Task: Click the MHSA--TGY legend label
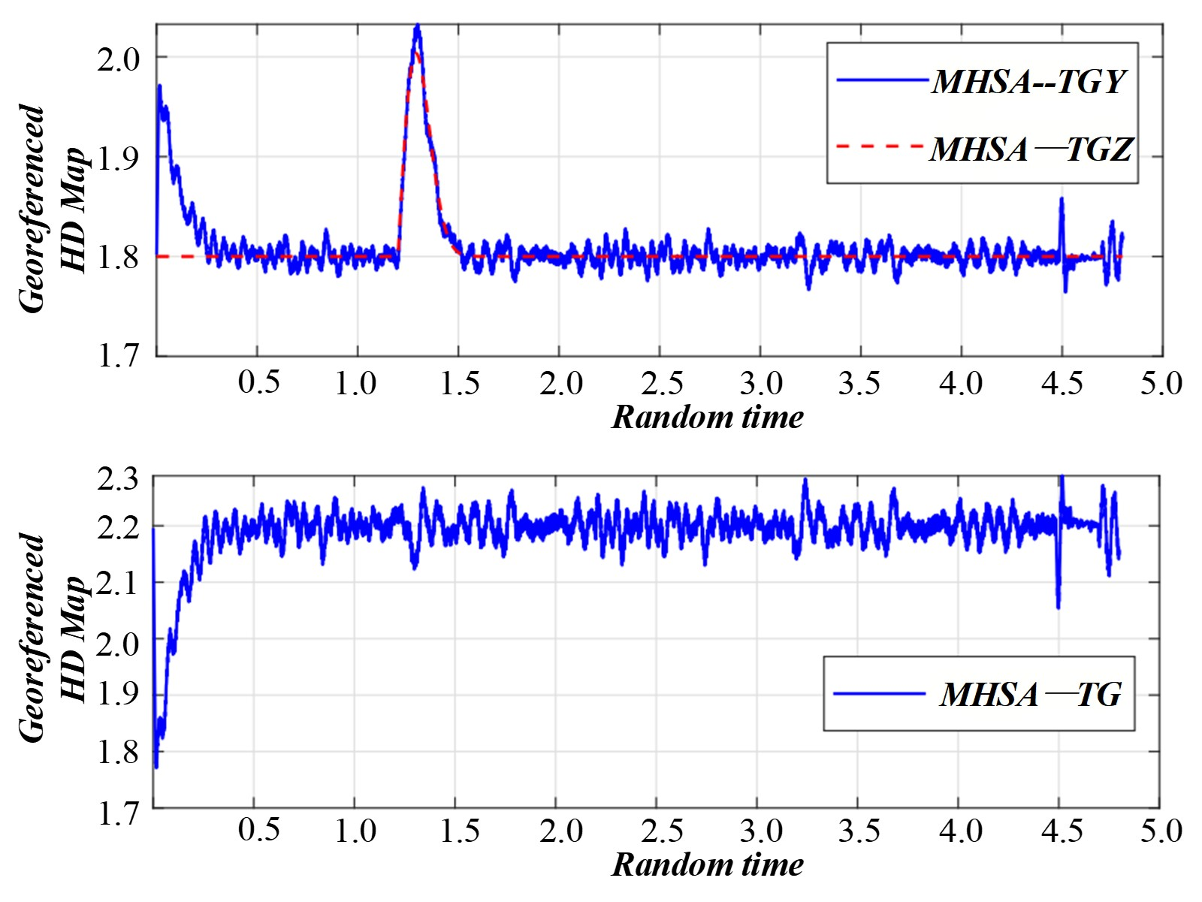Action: coord(1029,81)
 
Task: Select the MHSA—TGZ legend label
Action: coord(1031,149)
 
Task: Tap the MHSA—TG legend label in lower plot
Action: coord(1031,694)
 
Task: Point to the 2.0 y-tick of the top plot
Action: coord(119,59)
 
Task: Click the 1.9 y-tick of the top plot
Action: coord(119,157)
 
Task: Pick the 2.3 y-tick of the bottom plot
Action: coord(119,478)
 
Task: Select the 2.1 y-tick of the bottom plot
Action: coord(119,583)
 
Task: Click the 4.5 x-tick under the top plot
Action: coord(1062,384)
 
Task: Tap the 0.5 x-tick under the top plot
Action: coord(258,384)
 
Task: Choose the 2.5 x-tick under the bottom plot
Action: coord(662,831)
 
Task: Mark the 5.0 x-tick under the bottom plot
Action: coord(1161,831)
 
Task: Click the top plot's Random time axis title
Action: coord(707,418)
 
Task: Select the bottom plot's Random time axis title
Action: coord(707,864)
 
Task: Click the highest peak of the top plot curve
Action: coord(417,27)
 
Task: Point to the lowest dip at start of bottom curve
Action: coord(156,766)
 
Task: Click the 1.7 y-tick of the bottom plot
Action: coord(119,813)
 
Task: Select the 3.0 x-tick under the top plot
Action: coord(761,384)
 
